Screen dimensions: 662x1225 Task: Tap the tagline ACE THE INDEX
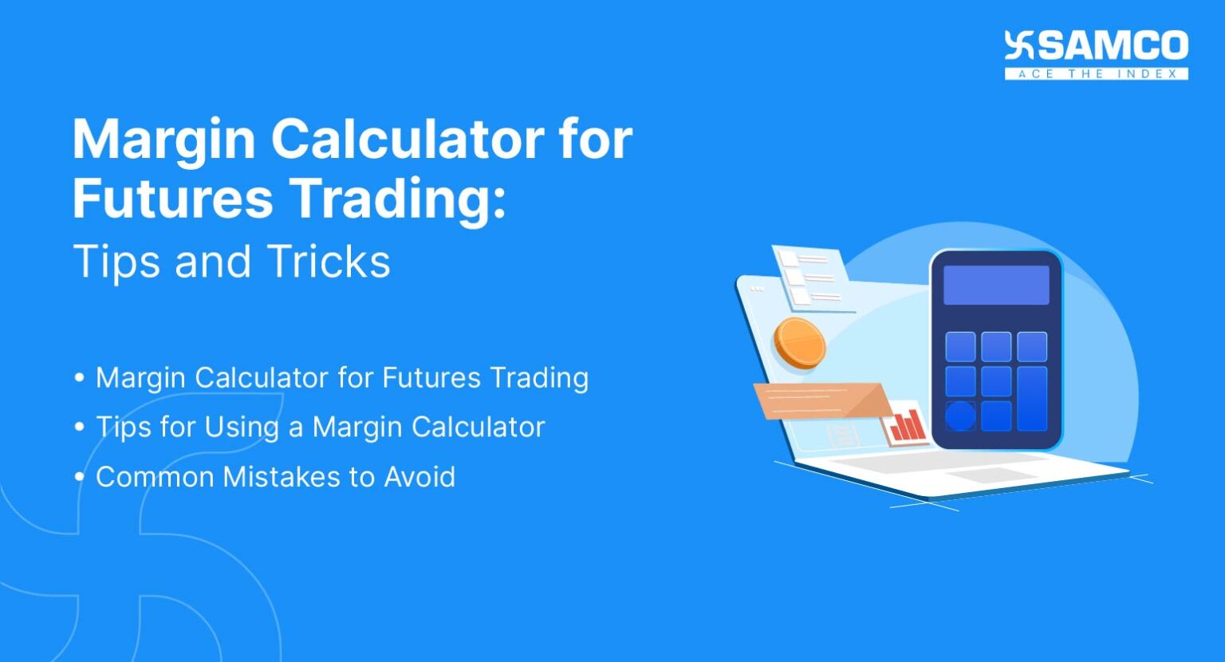pyautogui.click(x=1097, y=74)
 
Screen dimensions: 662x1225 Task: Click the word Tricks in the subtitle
pyautogui.click(x=329, y=261)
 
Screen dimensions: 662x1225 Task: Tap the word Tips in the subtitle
pyautogui.click(x=117, y=262)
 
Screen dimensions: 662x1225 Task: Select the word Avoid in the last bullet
pyautogui.click(x=419, y=477)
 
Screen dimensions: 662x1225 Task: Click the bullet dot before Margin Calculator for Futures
pyautogui.click(x=79, y=378)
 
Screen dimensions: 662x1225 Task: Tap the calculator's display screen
pyautogui.click(x=996, y=286)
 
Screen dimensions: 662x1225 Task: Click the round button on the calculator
pyautogui.click(x=960, y=416)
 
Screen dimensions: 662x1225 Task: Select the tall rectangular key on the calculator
pyautogui.click(x=1032, y=398)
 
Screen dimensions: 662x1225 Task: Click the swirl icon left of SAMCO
pyautogui.click(x=1018, y=45)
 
